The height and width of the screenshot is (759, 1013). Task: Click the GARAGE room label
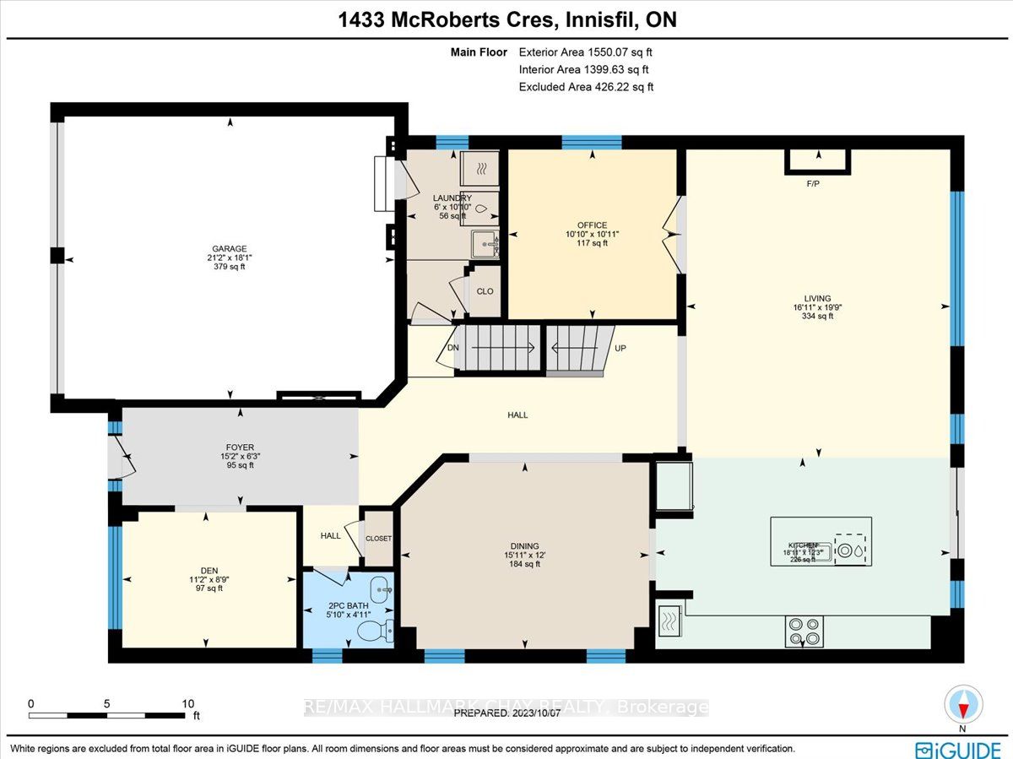230,249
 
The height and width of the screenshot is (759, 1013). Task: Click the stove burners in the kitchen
804,629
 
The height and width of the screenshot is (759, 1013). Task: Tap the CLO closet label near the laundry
485,291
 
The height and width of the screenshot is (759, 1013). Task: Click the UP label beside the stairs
620,348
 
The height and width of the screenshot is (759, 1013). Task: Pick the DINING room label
524,546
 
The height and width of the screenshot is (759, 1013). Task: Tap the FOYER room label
240,447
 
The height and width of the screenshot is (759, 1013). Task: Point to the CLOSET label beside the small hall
378,539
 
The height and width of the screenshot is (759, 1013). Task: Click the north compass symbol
962,705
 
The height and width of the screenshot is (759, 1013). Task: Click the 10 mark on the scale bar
187,703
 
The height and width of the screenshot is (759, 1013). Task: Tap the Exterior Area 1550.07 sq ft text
586,52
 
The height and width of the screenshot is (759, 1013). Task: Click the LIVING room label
817,298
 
